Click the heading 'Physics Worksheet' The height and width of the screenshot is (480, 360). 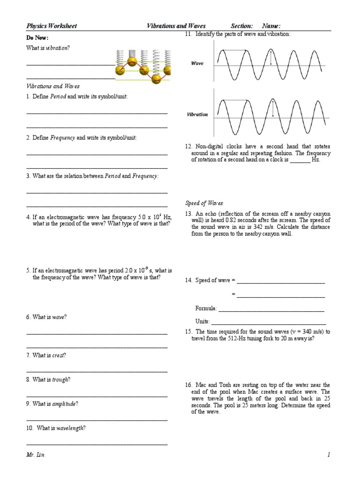tap(52, 26)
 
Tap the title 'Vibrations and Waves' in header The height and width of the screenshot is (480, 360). tap(176, 26)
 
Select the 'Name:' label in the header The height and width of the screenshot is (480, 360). tap(271, 26)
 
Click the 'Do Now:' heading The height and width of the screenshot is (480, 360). tap(37, 37)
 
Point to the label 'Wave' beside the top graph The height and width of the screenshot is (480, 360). tap(197, 63)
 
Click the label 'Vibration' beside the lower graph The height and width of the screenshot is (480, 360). tap(197, 114)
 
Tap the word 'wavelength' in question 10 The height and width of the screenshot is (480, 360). tap(70, 428)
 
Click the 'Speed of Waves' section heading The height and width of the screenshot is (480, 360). tap(204, 203)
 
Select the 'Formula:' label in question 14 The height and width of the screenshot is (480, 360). tap(206, 308)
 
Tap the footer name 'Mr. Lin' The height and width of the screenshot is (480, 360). tap(36, 455)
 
